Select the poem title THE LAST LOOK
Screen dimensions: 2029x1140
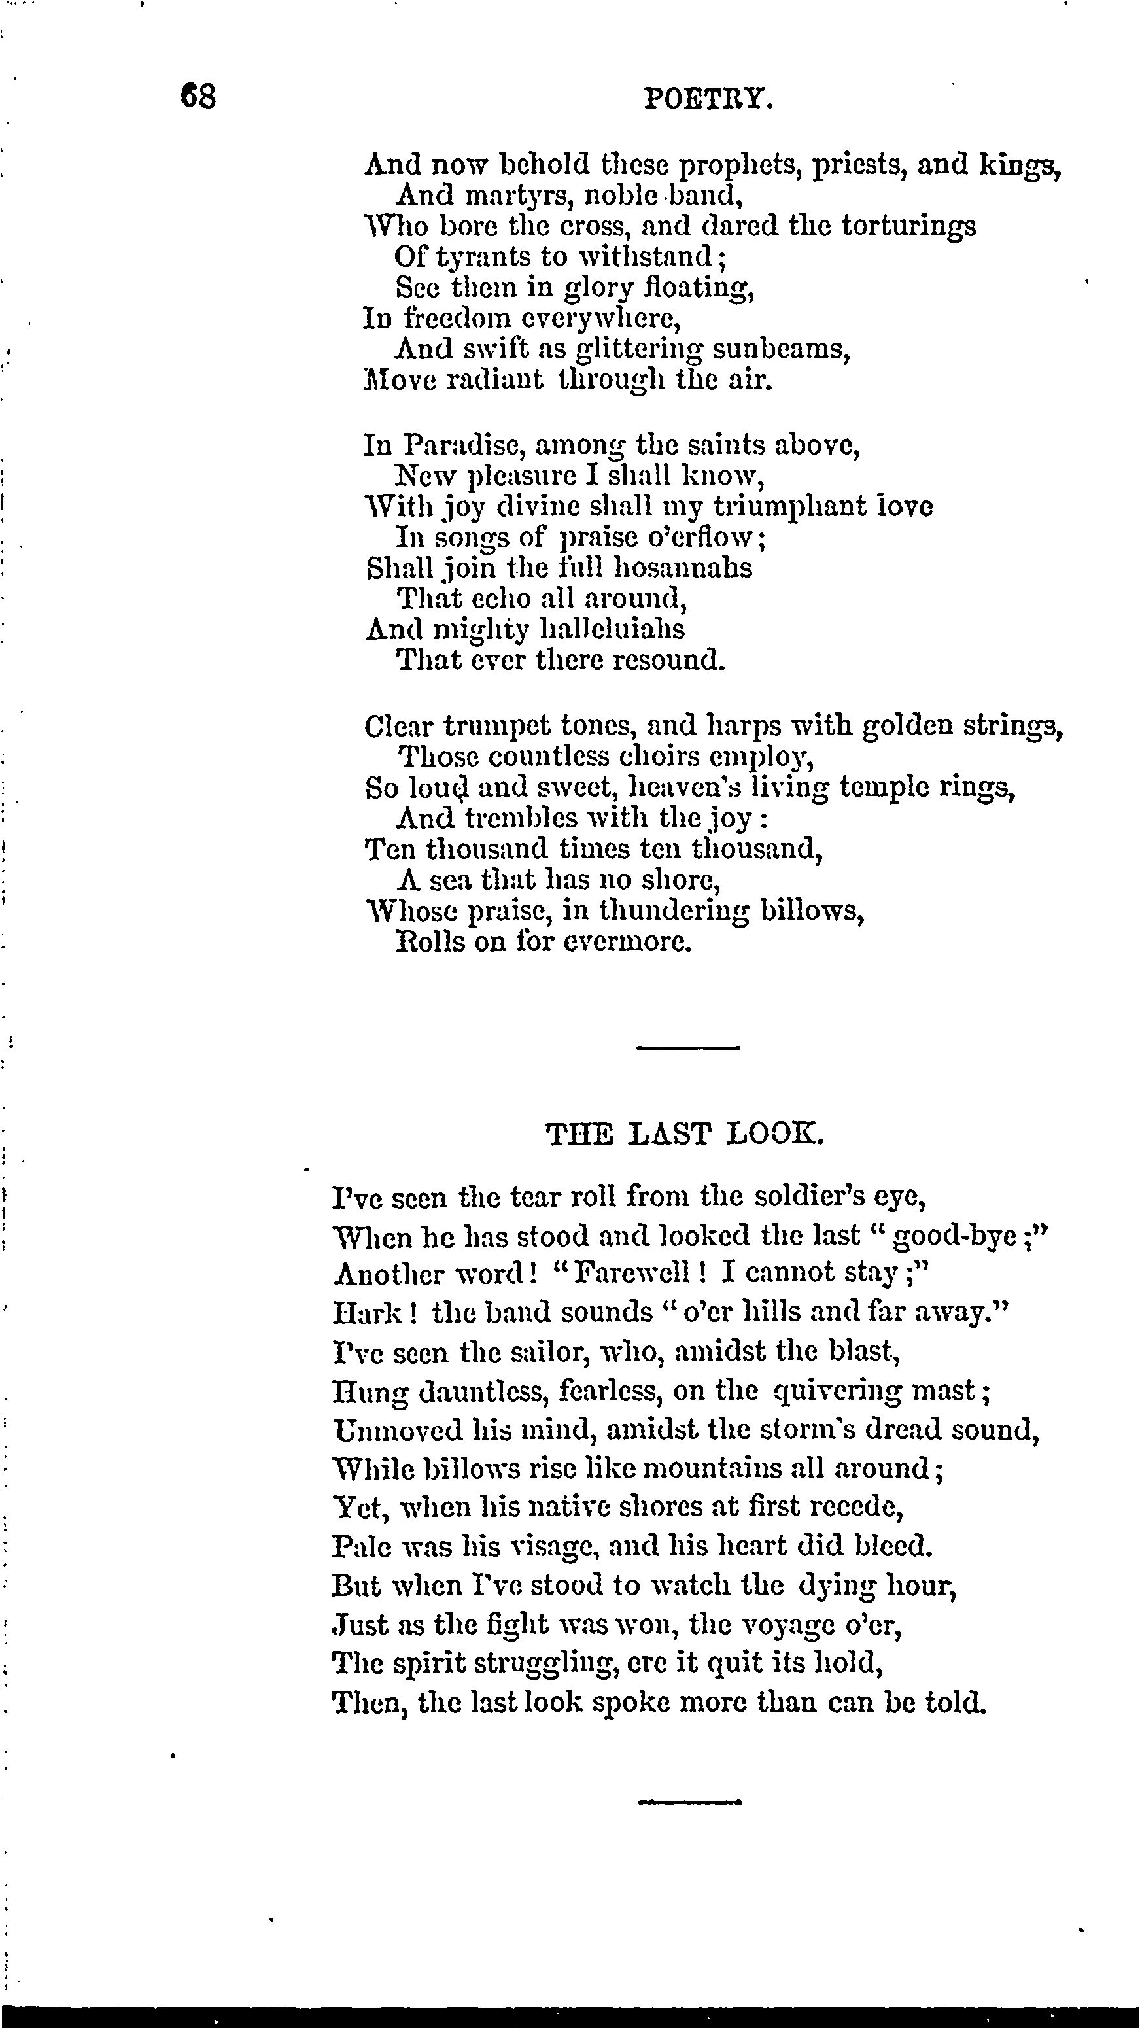pyautogui.click(x=684, y=1134)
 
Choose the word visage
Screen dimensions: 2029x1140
pyautogui.click(x=554, y=1546)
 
